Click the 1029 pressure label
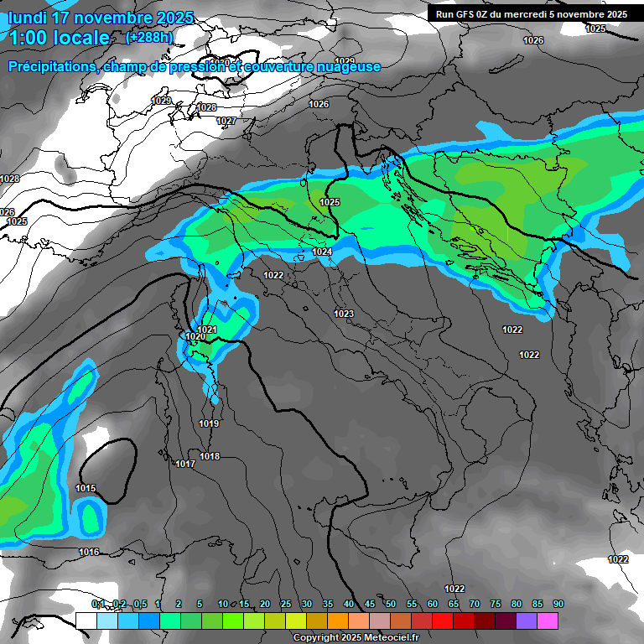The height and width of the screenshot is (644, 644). [161, 101]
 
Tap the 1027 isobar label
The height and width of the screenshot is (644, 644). [226, 122]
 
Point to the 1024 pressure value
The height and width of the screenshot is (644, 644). [322, 252]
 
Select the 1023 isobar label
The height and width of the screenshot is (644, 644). [344, 314]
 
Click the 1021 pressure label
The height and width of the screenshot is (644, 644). [208, 330]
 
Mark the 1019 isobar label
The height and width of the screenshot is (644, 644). [210, 423]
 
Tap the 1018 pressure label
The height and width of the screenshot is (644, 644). [210, 456]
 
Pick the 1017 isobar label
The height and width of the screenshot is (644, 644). [185, 464]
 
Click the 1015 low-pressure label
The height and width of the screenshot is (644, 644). [86, 488]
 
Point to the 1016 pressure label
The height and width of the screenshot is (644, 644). [89, 552]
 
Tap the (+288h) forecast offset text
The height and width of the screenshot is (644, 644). [149, 37]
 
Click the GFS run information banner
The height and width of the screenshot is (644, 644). [532, 14]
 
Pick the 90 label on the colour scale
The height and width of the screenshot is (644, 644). [558, 604]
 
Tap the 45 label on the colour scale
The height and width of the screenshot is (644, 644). [370, 604]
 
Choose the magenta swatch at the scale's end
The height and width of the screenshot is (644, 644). [548, 621]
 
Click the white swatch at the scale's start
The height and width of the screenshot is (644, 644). [86, 621]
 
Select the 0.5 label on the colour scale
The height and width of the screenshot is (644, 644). [140, 604]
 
